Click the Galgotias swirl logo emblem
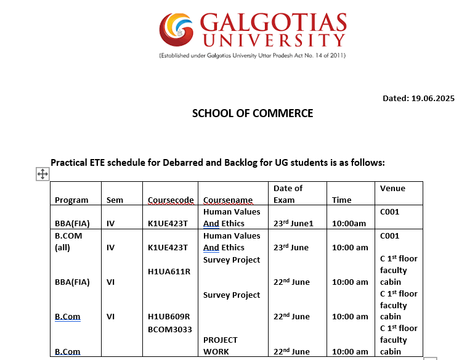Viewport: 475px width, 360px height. click(x=178, y=29)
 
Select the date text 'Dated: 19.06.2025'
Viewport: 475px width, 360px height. click(x=418, y=98)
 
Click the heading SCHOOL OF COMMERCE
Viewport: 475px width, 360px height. click(x=253, y=113)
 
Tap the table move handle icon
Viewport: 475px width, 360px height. click(x=43, y=174)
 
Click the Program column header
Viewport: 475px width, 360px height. click(x=71, y=200)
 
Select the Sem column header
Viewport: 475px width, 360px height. click(x=115, y=200)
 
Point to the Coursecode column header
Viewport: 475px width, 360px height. click(x=171, y=200)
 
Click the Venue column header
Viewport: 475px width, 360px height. click(x=392, y=188)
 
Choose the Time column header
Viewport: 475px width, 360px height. click(x=341, y=200)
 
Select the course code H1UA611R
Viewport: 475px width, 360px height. click(x=169, y=271)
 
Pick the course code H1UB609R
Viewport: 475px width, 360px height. click(x=169, y=317)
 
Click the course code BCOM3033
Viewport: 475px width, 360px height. click(x=169, y=329)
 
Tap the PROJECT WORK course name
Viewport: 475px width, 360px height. click(x=221, y=345)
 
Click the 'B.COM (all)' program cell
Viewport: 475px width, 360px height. click(x=68, y=241)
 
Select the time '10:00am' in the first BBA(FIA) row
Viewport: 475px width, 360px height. click(x=349, y=223)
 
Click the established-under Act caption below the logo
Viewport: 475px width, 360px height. click(x=252, y=55)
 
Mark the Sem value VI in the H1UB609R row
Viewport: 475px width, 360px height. click(x=111, y=317)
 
